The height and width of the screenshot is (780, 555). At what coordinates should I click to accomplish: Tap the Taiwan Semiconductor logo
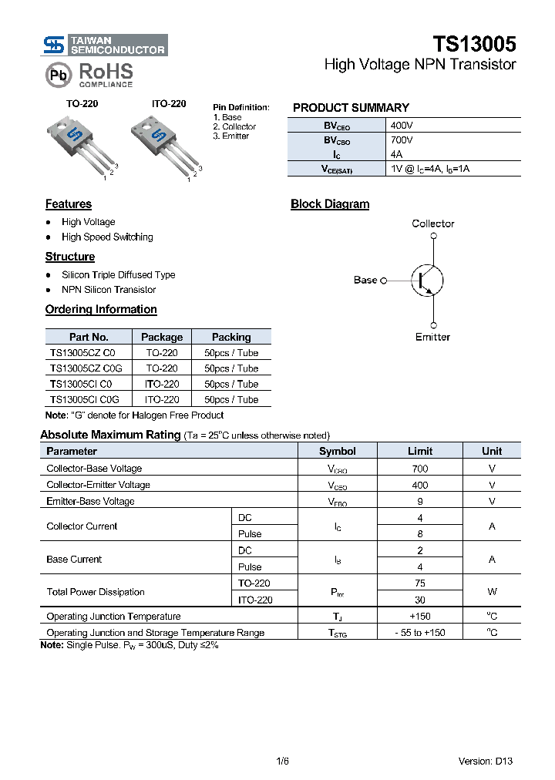coord(104,45)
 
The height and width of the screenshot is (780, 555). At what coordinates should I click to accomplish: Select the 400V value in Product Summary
coord(402,125)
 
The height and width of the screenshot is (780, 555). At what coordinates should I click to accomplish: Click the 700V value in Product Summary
coord(402,140)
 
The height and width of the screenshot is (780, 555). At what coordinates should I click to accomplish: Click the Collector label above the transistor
coord(432,224)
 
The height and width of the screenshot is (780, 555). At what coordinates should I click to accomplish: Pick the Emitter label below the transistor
coord(432,337)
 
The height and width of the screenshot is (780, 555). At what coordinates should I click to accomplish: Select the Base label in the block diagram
coord(365,280)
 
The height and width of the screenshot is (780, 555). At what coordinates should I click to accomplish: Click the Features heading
coord(69,204)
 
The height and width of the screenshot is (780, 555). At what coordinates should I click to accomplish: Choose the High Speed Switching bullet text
coord(107,237)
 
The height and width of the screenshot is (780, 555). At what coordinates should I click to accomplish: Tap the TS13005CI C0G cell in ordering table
coord(86,399)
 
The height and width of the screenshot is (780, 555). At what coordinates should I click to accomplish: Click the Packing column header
coord(231,337)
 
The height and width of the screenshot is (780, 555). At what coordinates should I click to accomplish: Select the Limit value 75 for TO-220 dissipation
coord(420,583)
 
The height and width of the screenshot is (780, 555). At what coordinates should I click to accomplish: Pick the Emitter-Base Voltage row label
coord(90,501)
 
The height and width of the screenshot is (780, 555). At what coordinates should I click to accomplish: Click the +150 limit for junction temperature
coord(420,616)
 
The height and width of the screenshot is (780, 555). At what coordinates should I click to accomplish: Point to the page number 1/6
coord(282,761)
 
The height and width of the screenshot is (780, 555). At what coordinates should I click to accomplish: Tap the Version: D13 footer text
coord(485,761)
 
